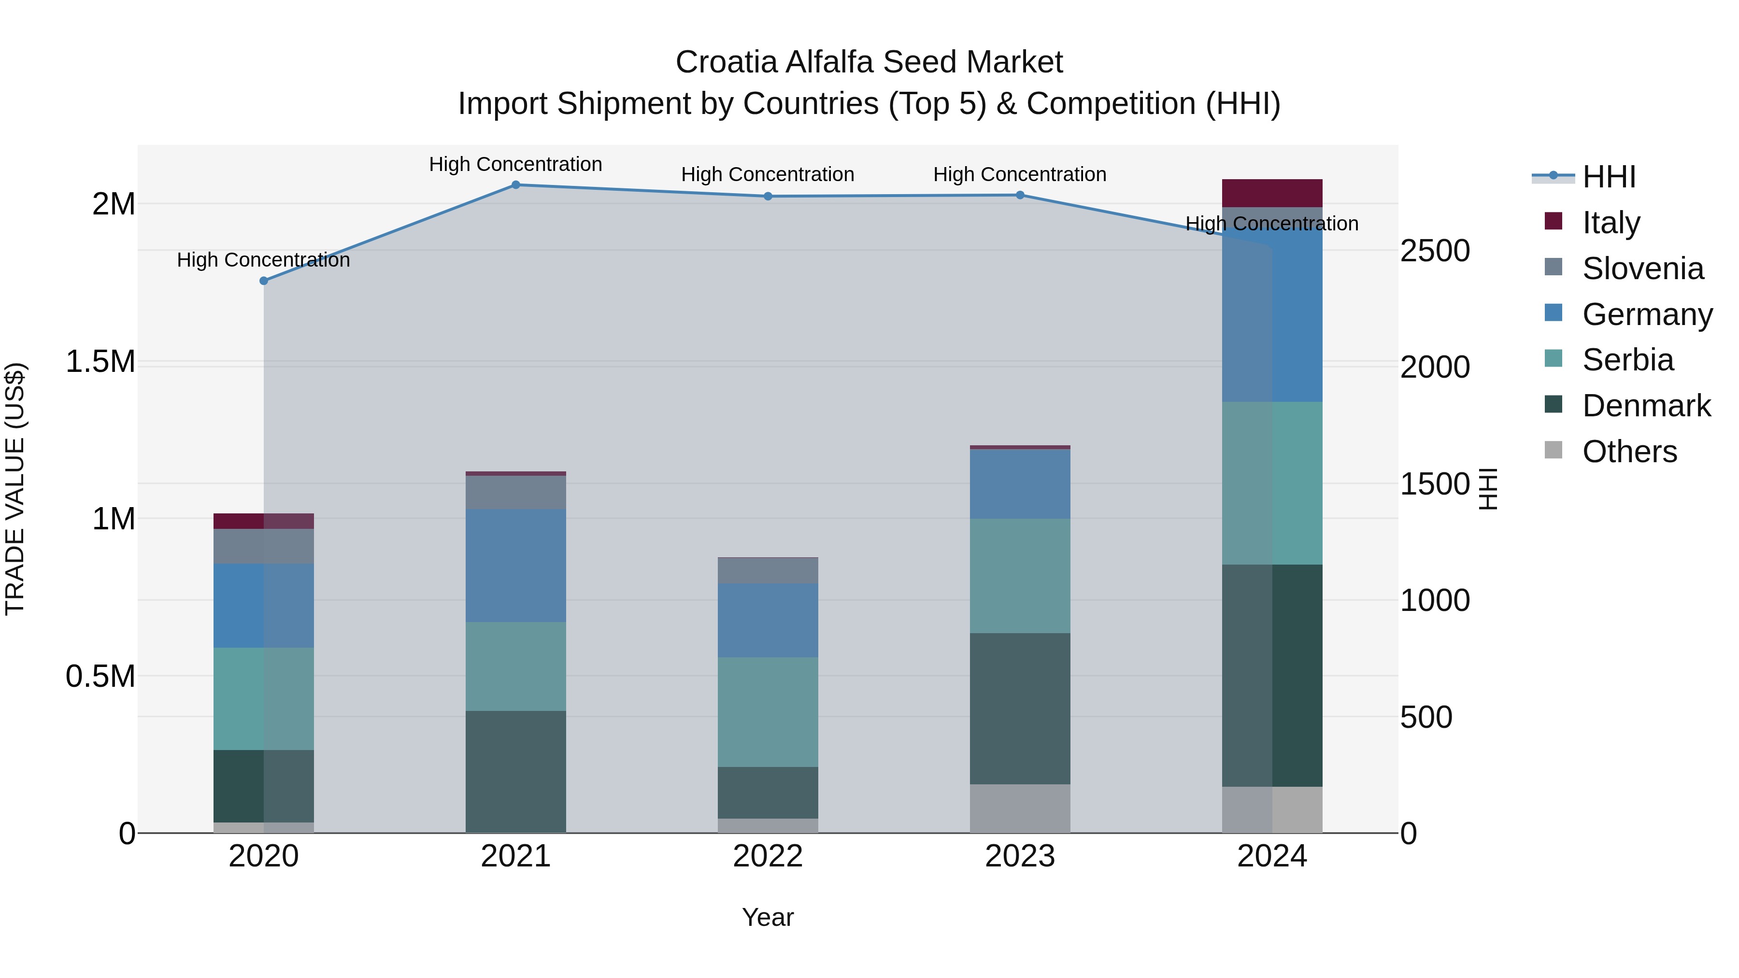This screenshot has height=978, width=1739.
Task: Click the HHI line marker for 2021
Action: tap(516, 185)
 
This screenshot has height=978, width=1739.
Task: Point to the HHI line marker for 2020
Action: tap(264, 281)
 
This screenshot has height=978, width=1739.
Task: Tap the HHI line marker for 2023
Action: tap(1020, 195)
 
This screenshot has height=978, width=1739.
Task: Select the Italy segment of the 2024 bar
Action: tap(1272, 193)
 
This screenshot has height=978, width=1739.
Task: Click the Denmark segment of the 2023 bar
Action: tap(1020, 709)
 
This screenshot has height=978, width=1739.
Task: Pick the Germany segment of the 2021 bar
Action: tap(516, 566)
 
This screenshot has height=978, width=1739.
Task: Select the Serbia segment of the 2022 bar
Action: tap(768, 712)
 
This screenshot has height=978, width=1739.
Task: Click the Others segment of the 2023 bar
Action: tap(1020, 808)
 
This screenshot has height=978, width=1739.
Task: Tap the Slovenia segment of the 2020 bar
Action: tap(264, 546)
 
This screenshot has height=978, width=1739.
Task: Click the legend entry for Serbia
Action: tap(1627, 360)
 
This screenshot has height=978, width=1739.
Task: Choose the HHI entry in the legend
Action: tap(1608, 177)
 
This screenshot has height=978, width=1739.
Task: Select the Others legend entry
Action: tap(1628, 452)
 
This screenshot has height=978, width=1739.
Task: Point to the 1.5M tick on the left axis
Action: tap(100, 362)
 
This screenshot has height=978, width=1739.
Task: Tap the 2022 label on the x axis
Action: tap(768, 856)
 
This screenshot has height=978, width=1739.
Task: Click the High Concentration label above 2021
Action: tap(516, 164)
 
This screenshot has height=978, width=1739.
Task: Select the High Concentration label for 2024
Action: tap(1272, 224)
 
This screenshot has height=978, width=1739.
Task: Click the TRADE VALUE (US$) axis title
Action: tap(15, 489)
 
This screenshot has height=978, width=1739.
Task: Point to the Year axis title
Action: tap(768, 917)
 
